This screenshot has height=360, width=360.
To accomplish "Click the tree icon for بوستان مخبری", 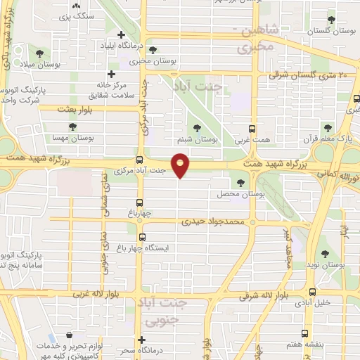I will (x=153, y=51).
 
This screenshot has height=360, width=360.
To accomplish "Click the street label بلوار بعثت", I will (x=57, y=110).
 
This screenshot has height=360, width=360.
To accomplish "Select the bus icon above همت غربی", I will (x=255, y=129).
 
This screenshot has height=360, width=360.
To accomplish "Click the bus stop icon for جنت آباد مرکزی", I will (x=139, y=160).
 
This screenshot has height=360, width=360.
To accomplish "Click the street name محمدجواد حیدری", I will (x=212, y=221).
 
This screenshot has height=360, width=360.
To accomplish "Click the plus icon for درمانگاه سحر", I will (x=142, y=339).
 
